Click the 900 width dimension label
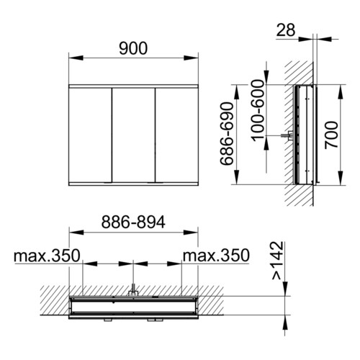click(x=133, y=48)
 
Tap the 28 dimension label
click(x=286, y=30)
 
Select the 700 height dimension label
click(x=331, y=135)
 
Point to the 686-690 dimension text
click(x=227, y=134)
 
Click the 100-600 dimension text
click(x=258, y=110)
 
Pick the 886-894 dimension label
click(x=133, y=222)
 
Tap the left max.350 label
click(x=47, y=256)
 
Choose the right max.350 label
click(x=216, y=256)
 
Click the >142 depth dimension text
click(x=278, y=261)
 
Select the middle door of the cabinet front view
click(x=133, y=135)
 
